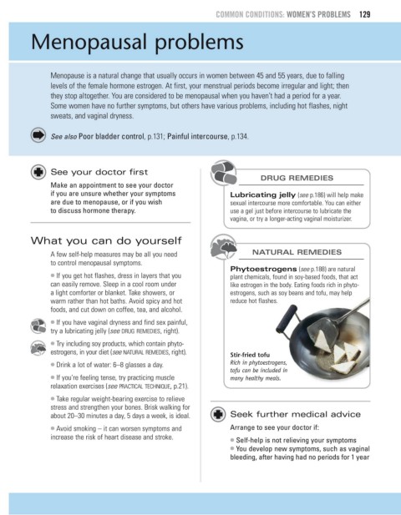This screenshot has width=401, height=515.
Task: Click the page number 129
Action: coord(365,14)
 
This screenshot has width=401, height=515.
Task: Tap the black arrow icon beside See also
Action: coord(38,135)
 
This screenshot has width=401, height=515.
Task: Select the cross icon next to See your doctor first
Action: coord(38,172)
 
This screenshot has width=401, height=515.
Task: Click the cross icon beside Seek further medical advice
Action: coord(218,414)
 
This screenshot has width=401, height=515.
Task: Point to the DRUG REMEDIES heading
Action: coord(297,178)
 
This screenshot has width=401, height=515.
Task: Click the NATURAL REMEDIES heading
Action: coord(297,252)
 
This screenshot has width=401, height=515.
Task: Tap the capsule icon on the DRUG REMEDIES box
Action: coord(224,172)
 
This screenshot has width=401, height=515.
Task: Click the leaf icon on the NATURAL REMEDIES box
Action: coord(224,247)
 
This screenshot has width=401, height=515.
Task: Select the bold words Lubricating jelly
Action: coord(262,195)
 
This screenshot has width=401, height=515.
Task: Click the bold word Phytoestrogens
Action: coord(263,269)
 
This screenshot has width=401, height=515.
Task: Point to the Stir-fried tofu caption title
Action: coord(250,355)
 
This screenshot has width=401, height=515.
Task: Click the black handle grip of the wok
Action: coord(287,318)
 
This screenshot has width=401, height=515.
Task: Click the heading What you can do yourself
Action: coord(106,240)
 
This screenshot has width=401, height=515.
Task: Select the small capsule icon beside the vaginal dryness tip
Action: coord(38,326)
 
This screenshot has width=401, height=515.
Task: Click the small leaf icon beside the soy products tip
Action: coord(38,348)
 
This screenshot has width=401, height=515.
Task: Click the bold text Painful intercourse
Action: coord(197,136)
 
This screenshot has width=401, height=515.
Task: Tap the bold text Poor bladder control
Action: coord(111,136)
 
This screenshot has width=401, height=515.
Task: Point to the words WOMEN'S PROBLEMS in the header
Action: coord(318,14)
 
